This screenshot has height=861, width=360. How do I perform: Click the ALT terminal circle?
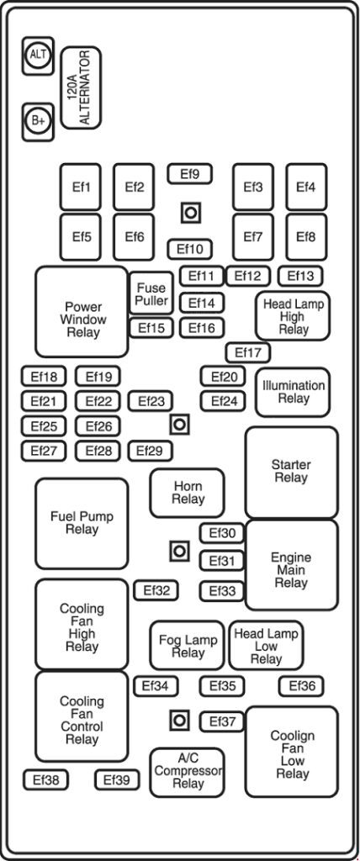point(38,55)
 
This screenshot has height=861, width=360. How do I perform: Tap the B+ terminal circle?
point(38,120)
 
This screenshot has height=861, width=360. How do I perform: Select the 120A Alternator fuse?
point(82,87)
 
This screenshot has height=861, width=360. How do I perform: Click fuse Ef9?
point(189,174)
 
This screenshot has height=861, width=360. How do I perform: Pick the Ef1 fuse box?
point(81,187)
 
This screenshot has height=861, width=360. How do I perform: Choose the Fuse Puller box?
point(151,294)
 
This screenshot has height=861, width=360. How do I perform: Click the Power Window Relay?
point(82,313)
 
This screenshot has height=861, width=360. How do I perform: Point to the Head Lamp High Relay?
point(293,315)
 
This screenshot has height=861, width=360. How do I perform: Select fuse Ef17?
point(247,352)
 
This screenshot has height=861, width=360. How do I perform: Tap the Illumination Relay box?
point(293,392)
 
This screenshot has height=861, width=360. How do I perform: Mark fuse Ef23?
point(151,402)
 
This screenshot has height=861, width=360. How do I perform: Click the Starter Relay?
point(291,472)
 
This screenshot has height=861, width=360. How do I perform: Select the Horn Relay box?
point(188,493)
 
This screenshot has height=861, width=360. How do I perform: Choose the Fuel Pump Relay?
point(82,523)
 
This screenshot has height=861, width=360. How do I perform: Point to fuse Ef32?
point(156,590)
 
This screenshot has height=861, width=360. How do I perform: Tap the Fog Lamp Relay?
point(188,646)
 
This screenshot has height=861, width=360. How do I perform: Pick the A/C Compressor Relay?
point(188,772)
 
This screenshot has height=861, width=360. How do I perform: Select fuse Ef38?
point(45,780)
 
